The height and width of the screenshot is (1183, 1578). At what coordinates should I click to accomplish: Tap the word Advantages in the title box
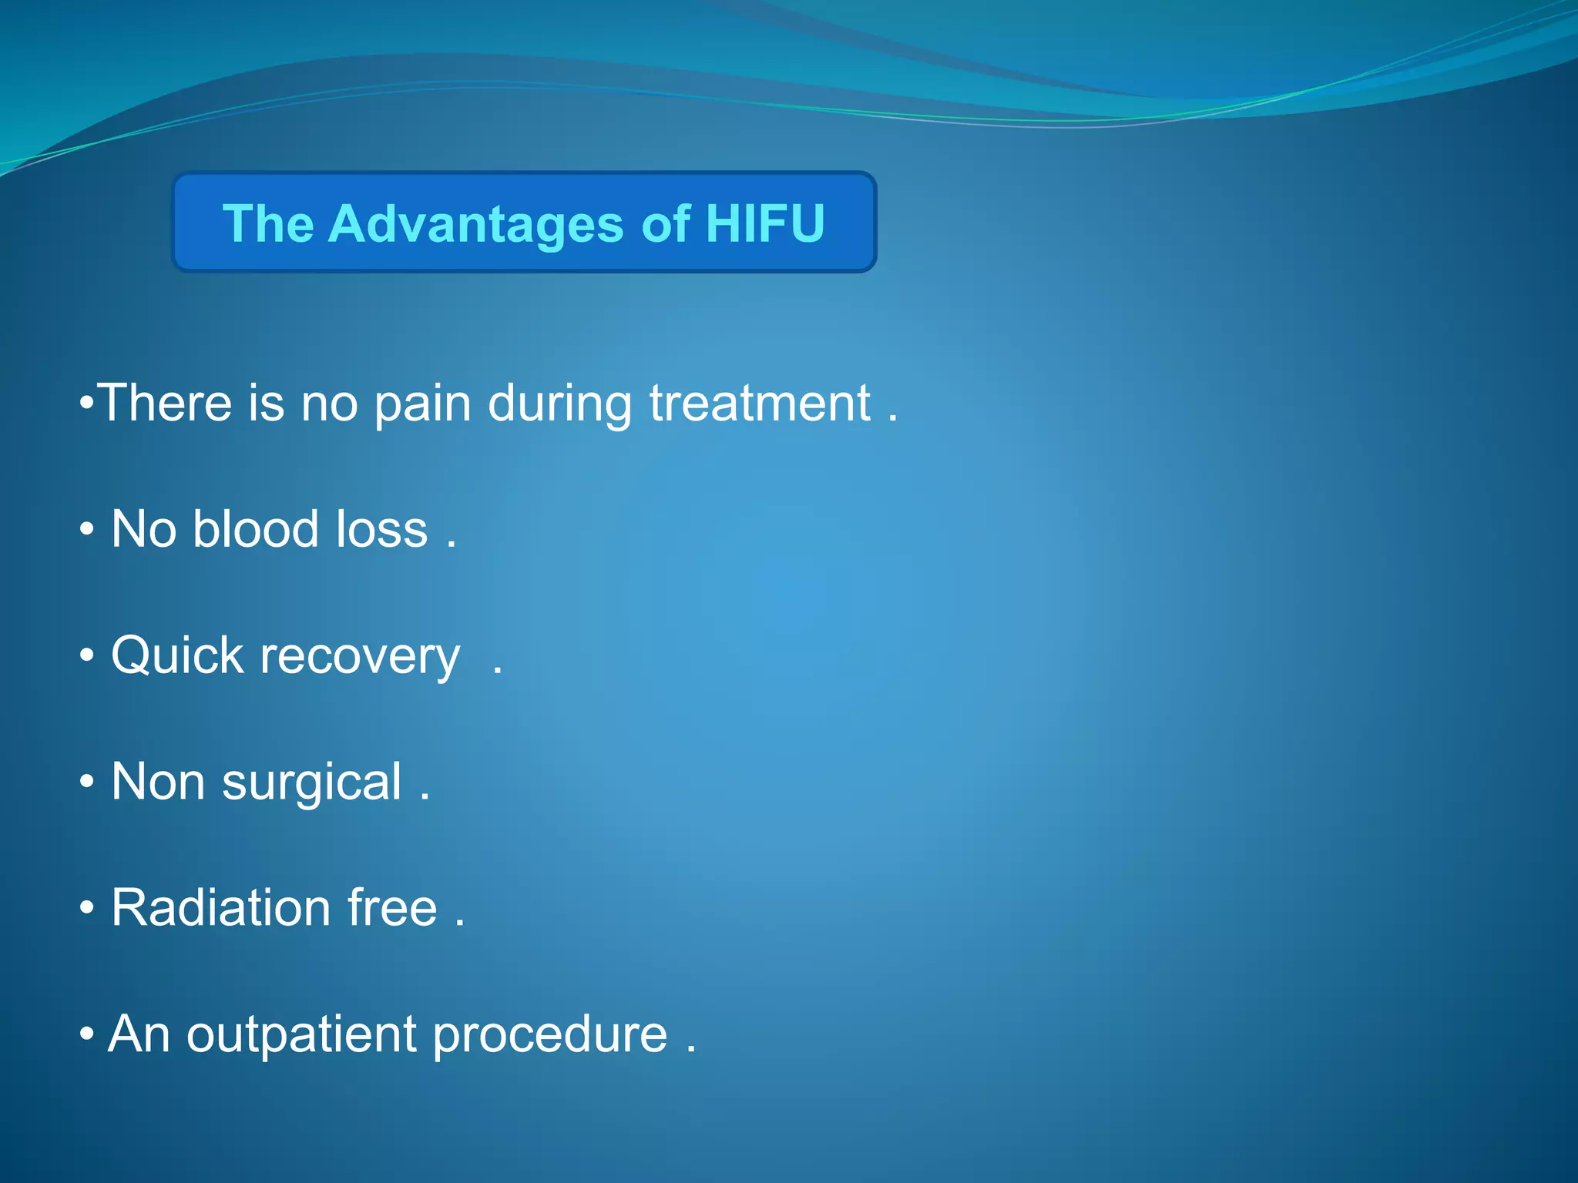tap(475, 223)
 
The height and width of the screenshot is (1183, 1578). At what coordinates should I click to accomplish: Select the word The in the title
tap(268, 223)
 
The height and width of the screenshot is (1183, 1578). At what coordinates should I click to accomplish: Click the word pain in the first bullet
tap(422, 404)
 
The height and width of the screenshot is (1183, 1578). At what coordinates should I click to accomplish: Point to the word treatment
tap(760, 404)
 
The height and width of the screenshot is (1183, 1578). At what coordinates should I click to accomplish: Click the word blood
tap(256, 529)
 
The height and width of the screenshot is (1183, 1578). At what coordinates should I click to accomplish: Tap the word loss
tap(382, 529)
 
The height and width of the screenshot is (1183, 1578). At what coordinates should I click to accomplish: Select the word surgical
tap(311, 783)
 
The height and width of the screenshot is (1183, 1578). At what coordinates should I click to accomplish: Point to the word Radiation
tap(221, 907)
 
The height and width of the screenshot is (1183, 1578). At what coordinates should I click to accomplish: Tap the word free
tap(392, 907)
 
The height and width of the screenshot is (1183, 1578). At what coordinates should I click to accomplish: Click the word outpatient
tap(301, 1034)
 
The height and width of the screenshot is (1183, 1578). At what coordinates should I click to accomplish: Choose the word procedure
tap(549, 1034)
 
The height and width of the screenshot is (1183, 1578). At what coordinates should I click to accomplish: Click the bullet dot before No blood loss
tap(87, 530)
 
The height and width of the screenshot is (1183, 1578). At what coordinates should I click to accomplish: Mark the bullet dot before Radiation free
tap(87, 909)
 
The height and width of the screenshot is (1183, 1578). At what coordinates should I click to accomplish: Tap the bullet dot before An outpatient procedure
tap(87, 1034)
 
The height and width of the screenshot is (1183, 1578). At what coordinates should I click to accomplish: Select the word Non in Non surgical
tap(158, 783)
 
